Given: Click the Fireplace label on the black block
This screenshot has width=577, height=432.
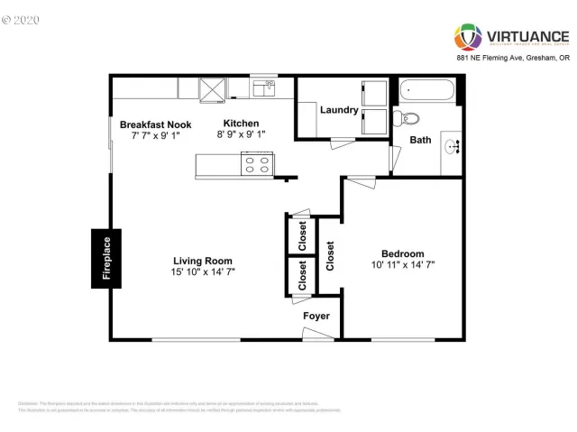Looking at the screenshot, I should [x=105, y=259].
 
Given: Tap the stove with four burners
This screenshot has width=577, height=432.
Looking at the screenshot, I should [x=256, y=165].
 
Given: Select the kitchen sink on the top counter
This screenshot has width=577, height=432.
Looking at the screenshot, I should [x=263, y=87].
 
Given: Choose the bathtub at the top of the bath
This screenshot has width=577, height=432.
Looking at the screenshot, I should [x=429, y=90].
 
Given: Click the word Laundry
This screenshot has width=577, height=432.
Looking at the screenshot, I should [x=339, y=111].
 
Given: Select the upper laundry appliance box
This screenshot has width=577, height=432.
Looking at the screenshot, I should [x=373, y=94].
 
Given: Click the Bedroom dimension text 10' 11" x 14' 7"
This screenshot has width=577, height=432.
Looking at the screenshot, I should [x=402, y=265].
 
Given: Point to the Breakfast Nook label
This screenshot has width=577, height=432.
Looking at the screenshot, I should [x=155, y=124].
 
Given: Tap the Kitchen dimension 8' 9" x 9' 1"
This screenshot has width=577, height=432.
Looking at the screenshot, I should [x=242, y=134].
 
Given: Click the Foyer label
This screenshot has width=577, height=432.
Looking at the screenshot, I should [x=316, y=317].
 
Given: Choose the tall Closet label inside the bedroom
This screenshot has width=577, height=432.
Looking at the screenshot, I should [x=330, y=256].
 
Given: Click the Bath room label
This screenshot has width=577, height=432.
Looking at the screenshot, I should [x=420, y=140].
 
